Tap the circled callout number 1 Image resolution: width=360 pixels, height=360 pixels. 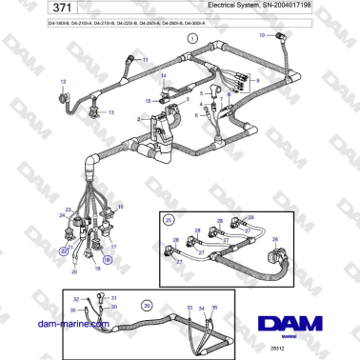pos(190,39)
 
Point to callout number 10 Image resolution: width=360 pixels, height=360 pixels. pos(263,35)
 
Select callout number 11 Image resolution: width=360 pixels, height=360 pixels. pos(145,59)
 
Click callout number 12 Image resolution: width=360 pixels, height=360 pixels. pos(65,83)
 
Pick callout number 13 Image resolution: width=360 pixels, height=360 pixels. pos(110,112)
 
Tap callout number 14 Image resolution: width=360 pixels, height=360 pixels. pos(163,75)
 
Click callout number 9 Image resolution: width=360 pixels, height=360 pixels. pos(256,81)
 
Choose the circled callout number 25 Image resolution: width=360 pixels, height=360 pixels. pos(170,220)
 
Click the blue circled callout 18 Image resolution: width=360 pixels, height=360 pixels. pos(107,258)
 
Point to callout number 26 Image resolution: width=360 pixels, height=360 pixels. pos(275,240)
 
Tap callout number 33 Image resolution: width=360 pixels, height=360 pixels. pos(189,308)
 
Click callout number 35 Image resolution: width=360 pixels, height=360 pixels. pos(215,308)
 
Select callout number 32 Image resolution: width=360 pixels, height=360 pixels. pos(74,298)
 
